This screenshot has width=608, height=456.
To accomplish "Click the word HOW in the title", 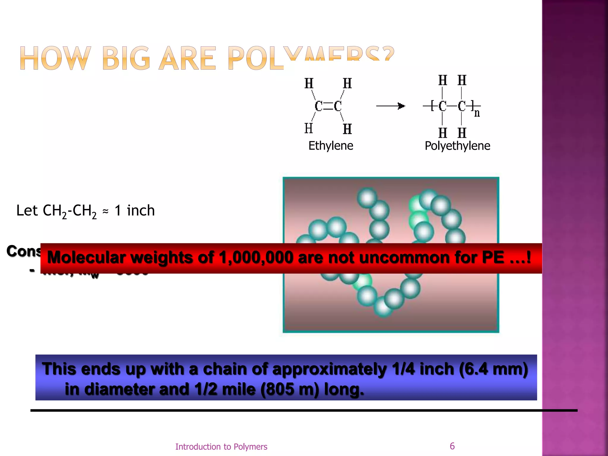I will [55, 59].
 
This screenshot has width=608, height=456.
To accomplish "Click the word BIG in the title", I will [126, 59].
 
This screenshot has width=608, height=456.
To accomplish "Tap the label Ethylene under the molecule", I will [331, 146].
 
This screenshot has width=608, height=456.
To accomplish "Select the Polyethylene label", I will [457, 146].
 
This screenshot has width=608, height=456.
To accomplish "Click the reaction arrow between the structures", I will [390, 106].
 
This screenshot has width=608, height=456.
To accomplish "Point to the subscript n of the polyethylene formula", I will [477, 113].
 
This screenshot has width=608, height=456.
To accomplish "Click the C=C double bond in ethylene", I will [328, 106].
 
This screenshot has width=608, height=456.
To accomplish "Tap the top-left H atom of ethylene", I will [309, 83].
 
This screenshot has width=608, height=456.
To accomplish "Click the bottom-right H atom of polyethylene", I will [462, 133].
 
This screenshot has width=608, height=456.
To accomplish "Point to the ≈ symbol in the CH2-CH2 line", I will [105, 211].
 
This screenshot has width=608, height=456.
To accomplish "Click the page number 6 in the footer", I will [452, 446].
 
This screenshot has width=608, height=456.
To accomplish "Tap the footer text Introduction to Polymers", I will [221, 446].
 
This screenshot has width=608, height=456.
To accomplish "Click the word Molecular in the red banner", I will [86, 257].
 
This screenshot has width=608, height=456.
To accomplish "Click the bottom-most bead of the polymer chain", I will [383, 307].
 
